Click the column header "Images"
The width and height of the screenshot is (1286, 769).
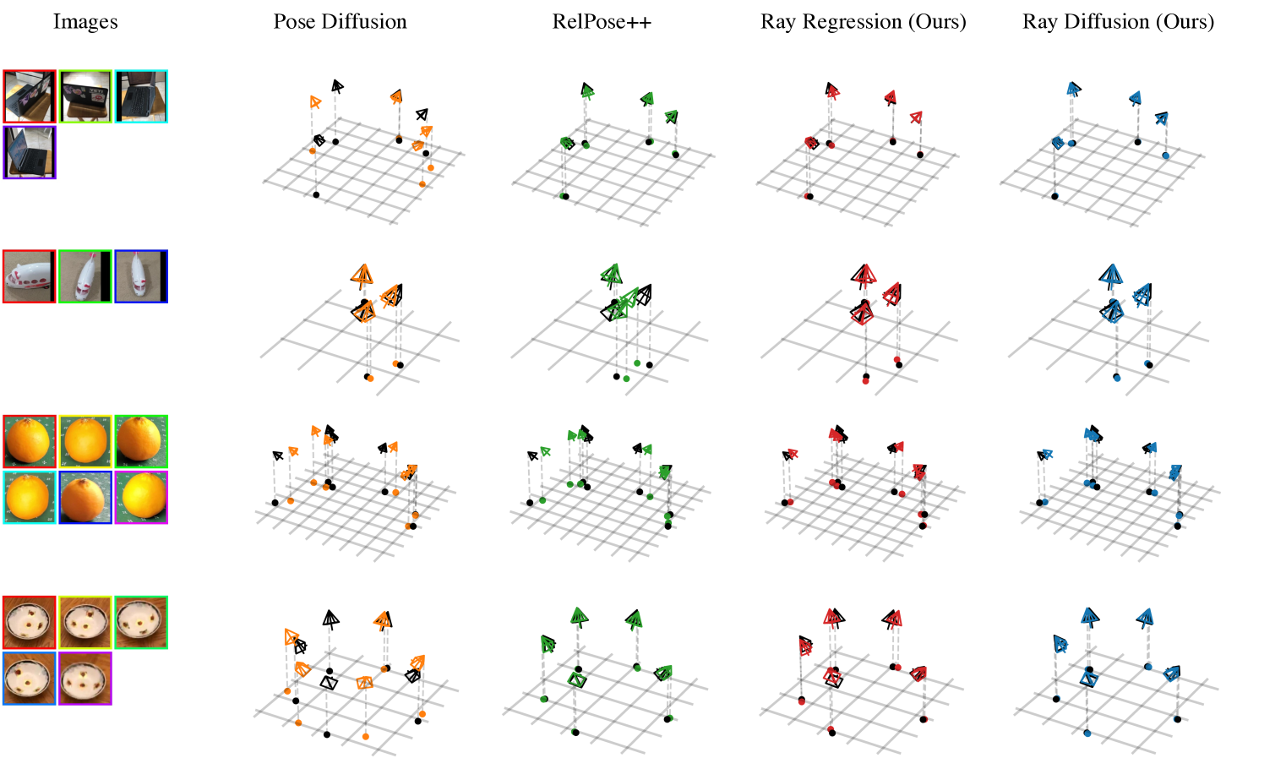pos(85,22)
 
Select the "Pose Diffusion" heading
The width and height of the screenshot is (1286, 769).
pos(340,22)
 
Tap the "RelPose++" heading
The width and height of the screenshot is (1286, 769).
pos(602,22)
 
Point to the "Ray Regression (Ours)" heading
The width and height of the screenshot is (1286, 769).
pos(863,22)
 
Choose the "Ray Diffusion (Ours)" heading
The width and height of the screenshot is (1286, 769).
pos(1118,22)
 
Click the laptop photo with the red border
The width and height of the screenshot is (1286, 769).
pos(30,96)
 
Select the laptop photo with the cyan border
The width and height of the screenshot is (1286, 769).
pos(141,96)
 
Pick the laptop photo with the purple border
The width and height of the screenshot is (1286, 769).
pos(30,152)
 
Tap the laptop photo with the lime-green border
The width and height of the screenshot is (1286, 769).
pos(85,96)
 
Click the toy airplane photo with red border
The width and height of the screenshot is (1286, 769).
pos(30,276)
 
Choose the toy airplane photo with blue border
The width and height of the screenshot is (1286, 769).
pos(141,276)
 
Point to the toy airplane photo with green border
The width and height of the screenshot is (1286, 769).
pos(85,276)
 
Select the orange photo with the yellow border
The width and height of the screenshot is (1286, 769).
pos(85,441)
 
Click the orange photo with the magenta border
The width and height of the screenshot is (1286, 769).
pos(141,497)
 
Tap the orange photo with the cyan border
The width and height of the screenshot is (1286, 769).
pos(30,497)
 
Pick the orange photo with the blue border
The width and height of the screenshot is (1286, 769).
pos(85,497)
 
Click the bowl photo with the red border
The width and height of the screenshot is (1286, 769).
pos(30,622)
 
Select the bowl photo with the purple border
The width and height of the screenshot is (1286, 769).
pos(85,678)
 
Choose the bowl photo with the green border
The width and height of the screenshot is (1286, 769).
pos(141,622)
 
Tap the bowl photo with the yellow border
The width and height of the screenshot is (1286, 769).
pos(85,622)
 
